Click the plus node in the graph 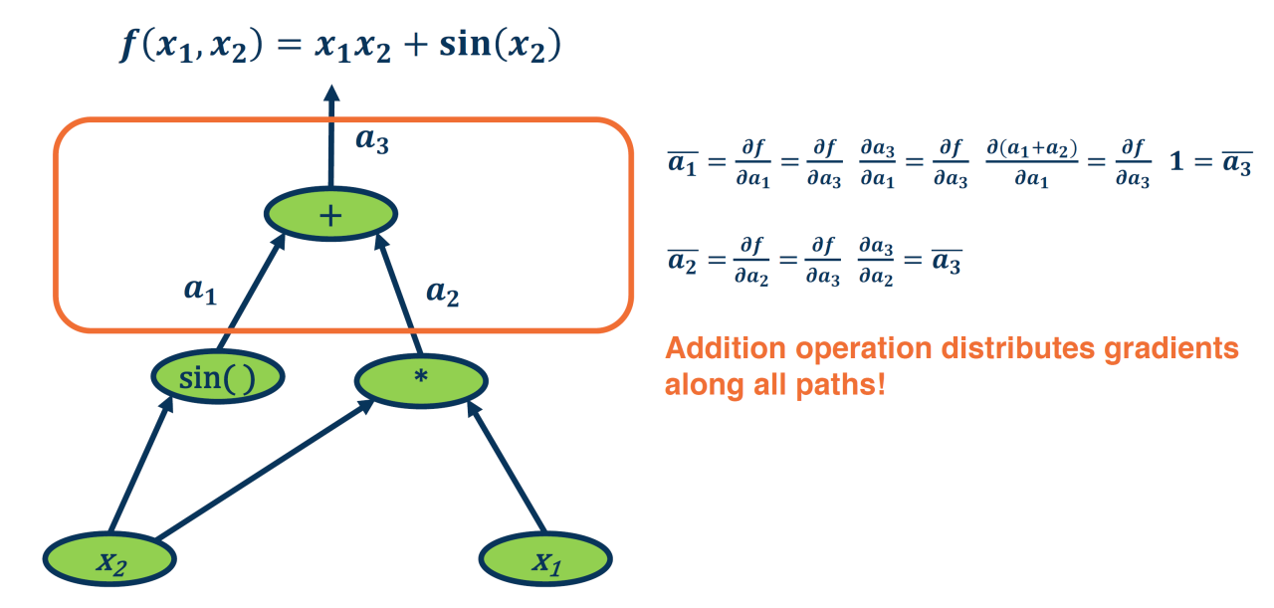pos(330,213)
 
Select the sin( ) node pos(218,376)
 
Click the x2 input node pos(109,560)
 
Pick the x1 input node pos(545,560)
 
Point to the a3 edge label pos(372,140)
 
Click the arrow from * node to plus pos(401,295)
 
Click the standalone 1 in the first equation pos(1177,161)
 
